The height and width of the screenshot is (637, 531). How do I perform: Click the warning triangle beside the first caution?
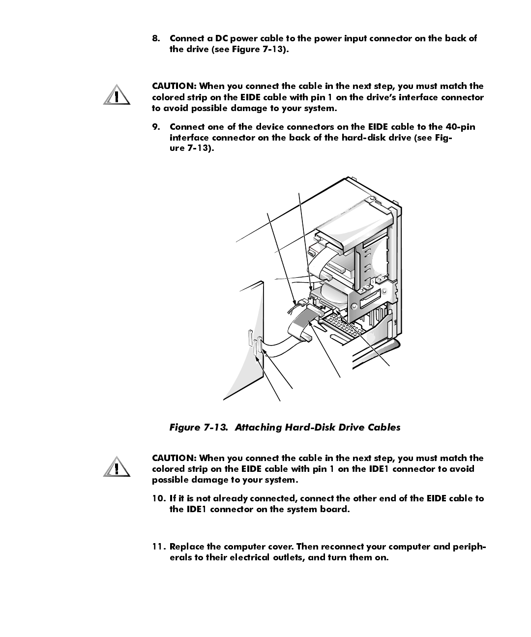pyautogui.click(x=117, y=96)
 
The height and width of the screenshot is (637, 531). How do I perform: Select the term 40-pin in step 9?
pyautogui.click(x=459, y=127)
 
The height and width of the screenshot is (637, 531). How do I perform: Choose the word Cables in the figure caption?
pyautogui.click(x=383, y=428)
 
